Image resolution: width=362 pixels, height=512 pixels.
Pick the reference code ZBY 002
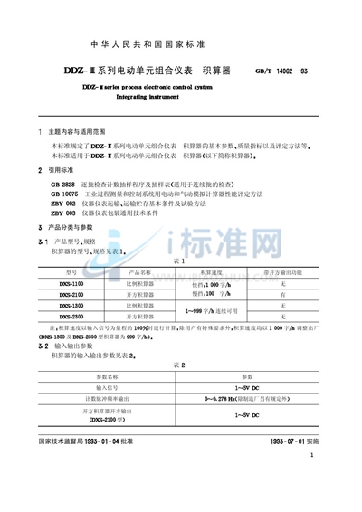[x=64, y=204]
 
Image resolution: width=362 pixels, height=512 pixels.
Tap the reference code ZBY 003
[x=64, y=214]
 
